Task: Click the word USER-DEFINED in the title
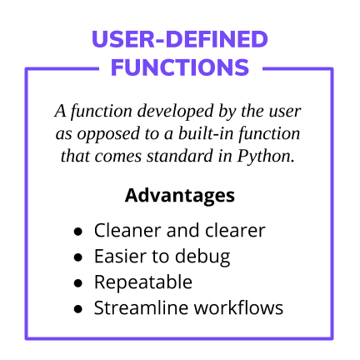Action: click(x=179, y=40)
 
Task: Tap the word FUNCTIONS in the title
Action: click(x=179, y=67)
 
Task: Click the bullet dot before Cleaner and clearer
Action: click(x=79, y=232)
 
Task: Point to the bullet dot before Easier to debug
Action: click(x=79, y=257)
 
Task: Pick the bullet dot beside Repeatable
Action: click(x=79, y=283)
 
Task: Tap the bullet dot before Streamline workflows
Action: click(x=79, y=308)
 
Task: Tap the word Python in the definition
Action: click(x=268, y=156)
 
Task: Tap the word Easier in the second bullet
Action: click(x=121, y=257)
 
